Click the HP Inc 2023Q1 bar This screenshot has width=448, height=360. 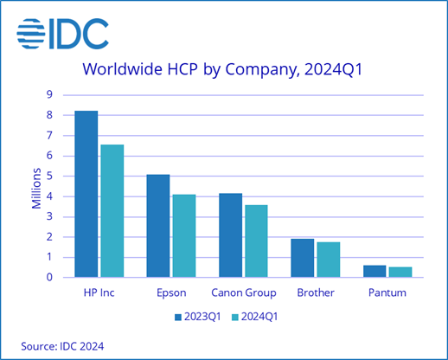(86, 194)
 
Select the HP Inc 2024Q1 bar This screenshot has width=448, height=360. (112, 211)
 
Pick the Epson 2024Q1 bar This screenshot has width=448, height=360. (183, 235)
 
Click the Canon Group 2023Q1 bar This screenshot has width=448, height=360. (230, 235)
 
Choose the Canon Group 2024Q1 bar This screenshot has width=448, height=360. (256, 241)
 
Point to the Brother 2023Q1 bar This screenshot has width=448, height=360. (302, 258)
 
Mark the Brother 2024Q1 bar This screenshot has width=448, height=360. (328, 260)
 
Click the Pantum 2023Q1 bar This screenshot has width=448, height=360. (374, 271)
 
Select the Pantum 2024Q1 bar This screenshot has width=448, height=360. (400, 272)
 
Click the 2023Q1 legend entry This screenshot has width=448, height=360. (201, 316)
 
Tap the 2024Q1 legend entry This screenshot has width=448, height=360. (260, 316)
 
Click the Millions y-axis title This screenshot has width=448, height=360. (36, 186)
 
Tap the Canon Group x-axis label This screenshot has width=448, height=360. (243, 292)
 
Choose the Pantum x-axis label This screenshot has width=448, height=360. (387, 292)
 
